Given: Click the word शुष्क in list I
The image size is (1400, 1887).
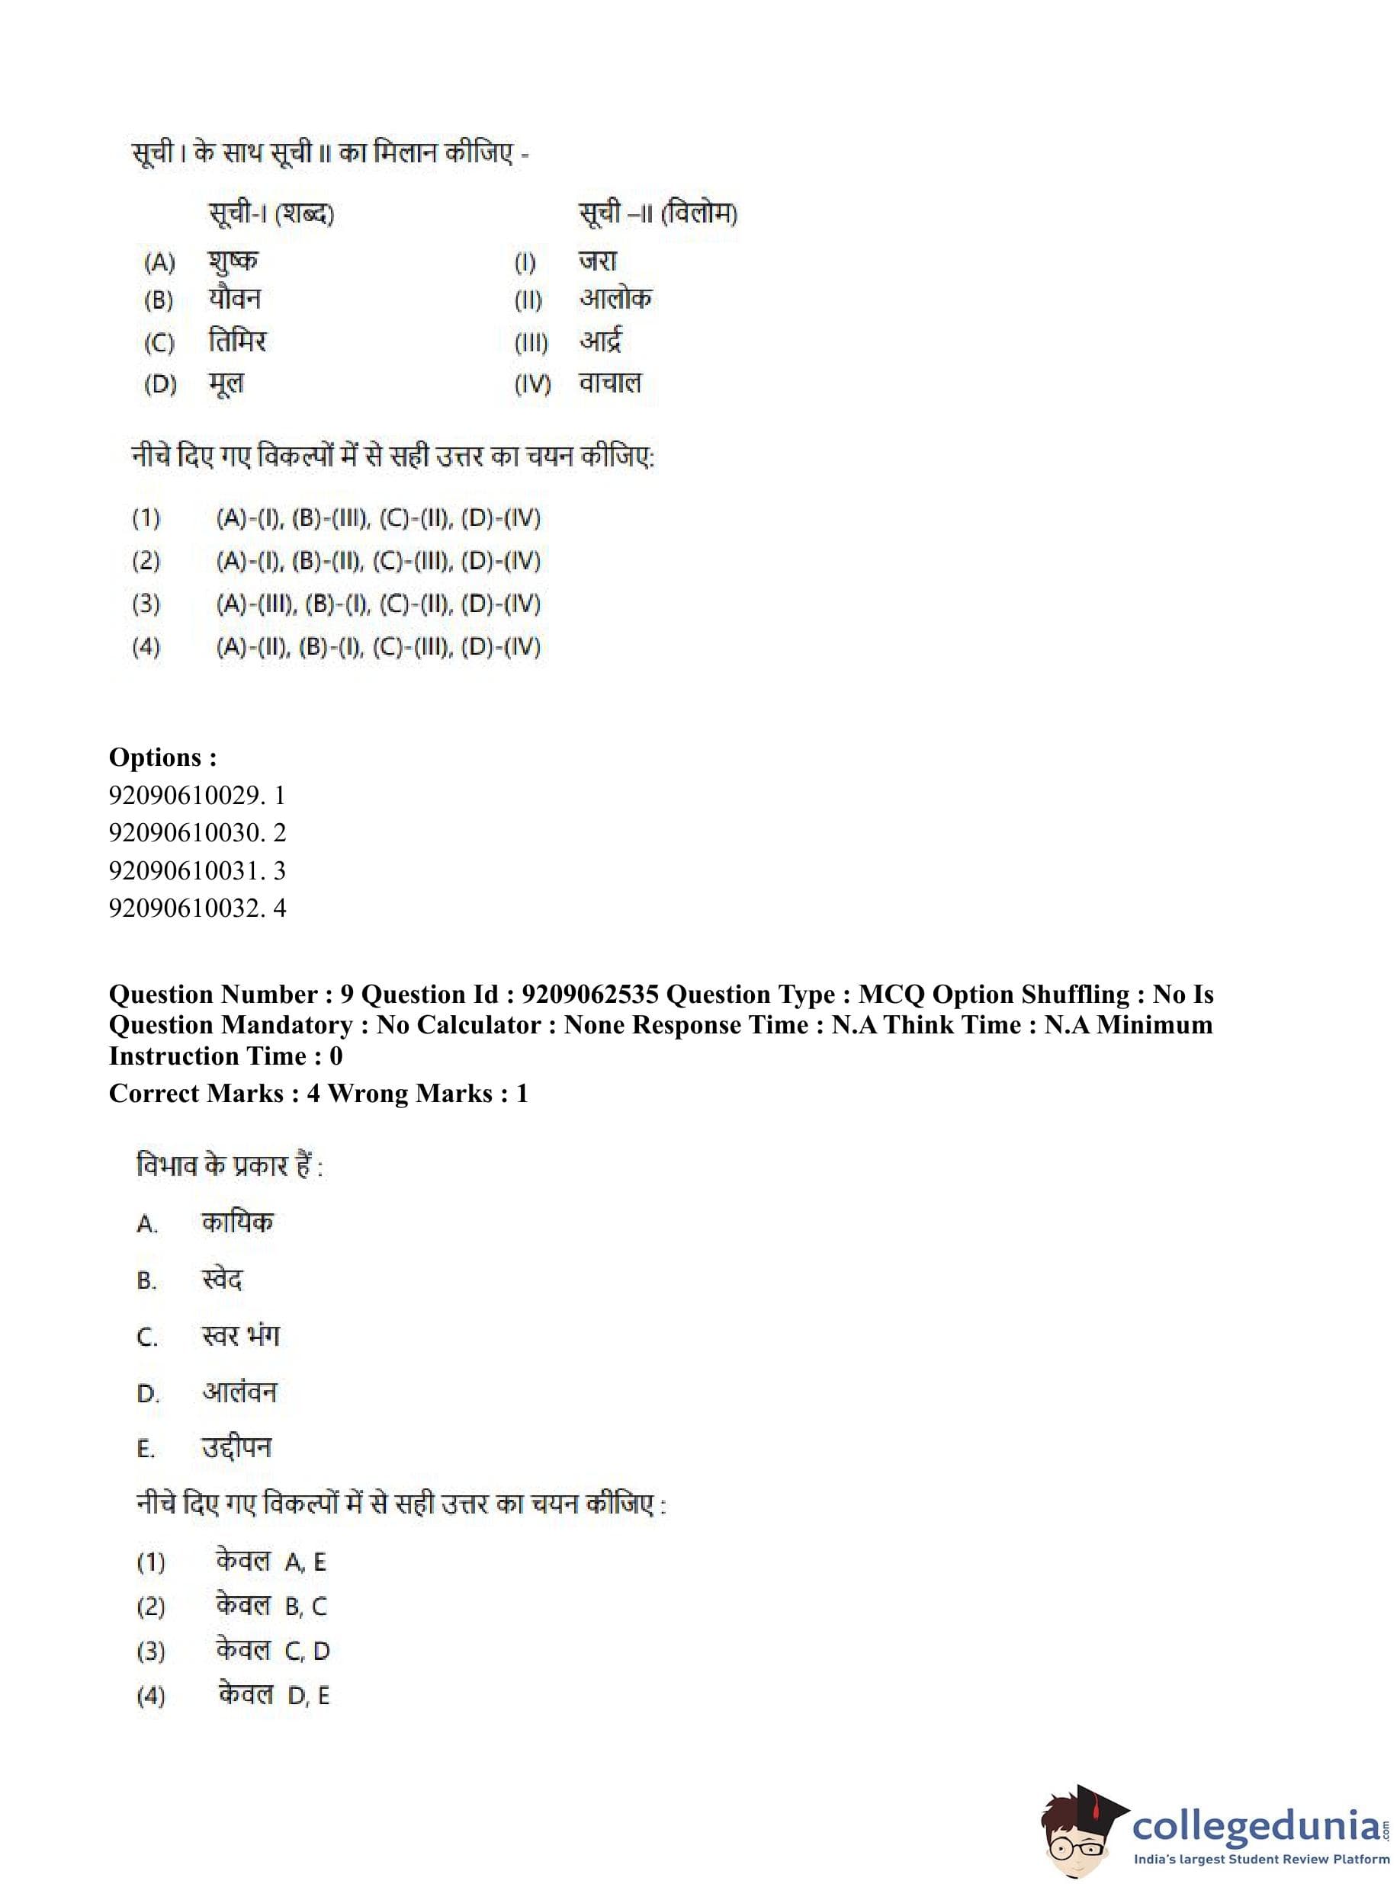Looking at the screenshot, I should click(x=233, y=261).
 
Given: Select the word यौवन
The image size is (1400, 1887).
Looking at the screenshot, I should click(x=235, y=299).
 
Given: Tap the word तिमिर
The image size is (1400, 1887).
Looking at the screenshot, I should click(x=237, y=341).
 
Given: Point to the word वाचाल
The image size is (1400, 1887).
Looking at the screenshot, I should click(x=610, y=383).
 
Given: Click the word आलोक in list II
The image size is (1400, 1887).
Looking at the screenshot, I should click(x=615, y=299).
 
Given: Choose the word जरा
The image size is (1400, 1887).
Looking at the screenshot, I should click(x=598, y=261).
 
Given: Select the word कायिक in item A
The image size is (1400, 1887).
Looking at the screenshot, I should click(x=237, y=1222).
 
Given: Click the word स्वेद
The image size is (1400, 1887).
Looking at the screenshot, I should click(x=222, y=1279).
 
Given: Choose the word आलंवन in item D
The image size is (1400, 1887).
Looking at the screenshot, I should click(x=239, y=1392).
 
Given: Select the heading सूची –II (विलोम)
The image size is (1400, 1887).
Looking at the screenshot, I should click(x=657, y=213).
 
